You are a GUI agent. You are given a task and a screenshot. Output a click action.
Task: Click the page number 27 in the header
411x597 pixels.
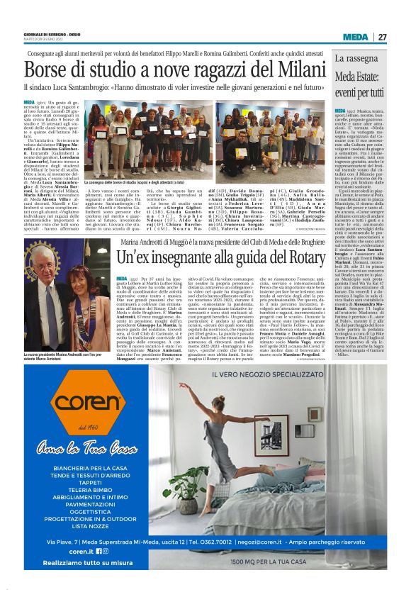point(382,37)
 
